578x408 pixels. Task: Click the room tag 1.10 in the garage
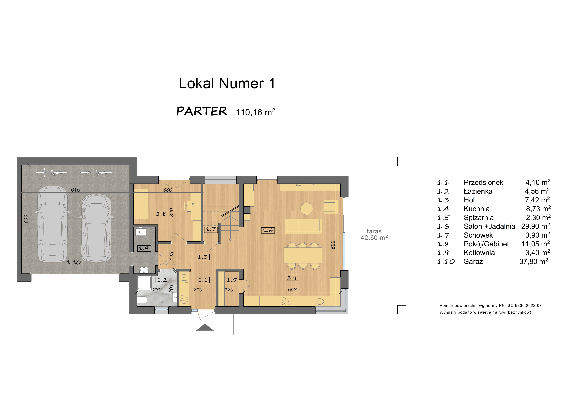(74, 262)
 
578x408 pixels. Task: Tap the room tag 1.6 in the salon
(268, 230)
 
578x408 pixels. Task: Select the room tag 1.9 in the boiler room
(144, 248)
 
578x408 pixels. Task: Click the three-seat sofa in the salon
(303, 226)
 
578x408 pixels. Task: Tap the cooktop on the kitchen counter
(286, 301)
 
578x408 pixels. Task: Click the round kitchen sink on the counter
(320, 301)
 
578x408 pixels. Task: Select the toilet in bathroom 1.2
(143, 300)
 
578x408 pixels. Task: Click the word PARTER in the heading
(202, 111)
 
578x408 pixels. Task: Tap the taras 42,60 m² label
(374, 234)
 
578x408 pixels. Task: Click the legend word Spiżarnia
(478, 218)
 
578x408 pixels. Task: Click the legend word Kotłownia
(479, 253)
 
